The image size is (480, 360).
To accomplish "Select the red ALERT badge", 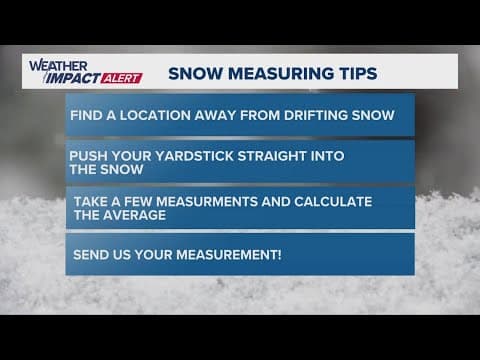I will [124, 77].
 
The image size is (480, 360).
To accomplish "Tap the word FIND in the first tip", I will [86, 115].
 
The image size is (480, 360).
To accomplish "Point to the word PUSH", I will [87, 156].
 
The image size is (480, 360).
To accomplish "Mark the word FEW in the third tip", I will [133, 201].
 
